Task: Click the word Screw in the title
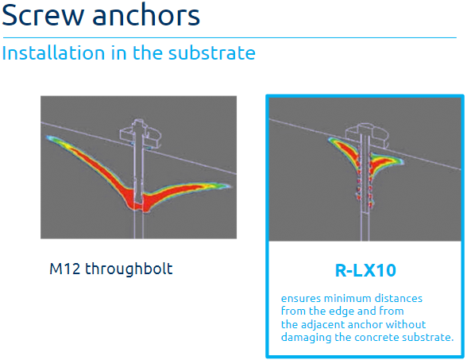click(x=43, y=15)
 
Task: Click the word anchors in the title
click(x=146, y=14)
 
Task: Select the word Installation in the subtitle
click(x=53, y=53)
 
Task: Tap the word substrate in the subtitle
click(x=212, y=53)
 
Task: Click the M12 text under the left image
click(x=65, y=269)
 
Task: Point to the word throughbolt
click(x=129, y=269)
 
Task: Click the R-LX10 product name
click(x=365, y=270)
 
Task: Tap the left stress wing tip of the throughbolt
click(x=48, y=138)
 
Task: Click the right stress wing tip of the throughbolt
click(x=230, y=186)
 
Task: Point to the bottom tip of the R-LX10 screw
click(x=365, y=213)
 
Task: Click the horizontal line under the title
click(x=230, y=38)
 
